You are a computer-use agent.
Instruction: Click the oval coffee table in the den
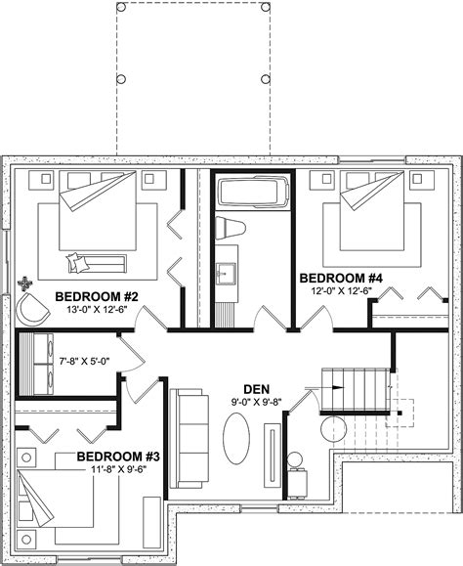pyautogui.click(x=237, y=441)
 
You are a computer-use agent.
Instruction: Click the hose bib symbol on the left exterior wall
pyautogui.click(x=24, y=285)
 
